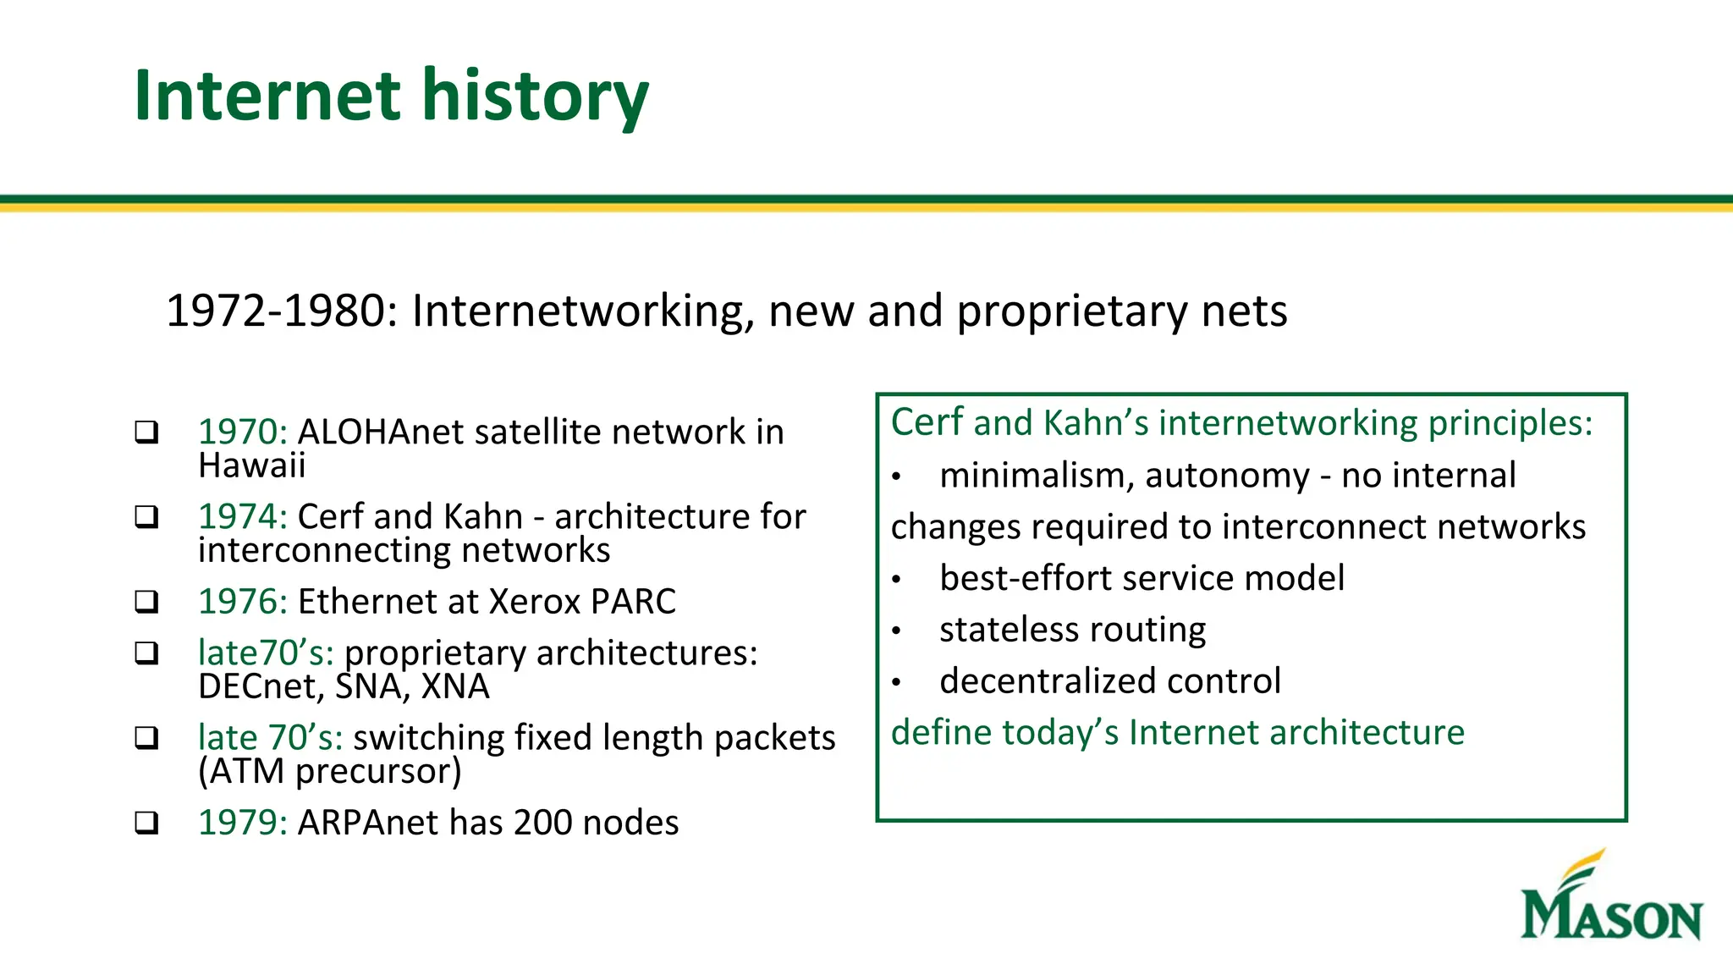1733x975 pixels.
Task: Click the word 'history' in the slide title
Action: tap(535, 96)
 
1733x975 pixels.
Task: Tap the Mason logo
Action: tap(1611, 897)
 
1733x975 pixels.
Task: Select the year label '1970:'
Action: tap(243, 432)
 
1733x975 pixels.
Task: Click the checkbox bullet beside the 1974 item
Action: tap(147, 517)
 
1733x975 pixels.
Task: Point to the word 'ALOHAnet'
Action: tap(381, 432)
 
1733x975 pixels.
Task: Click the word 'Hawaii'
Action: tap(251, 466)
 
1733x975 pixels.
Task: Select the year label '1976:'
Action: tap(243, 602)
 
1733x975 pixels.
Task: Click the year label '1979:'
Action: tap(243, 823)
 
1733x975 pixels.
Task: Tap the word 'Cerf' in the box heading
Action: tap(927, 422)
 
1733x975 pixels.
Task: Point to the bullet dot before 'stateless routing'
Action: tap(896, 631)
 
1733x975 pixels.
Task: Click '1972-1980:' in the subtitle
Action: tap(282, 311)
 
